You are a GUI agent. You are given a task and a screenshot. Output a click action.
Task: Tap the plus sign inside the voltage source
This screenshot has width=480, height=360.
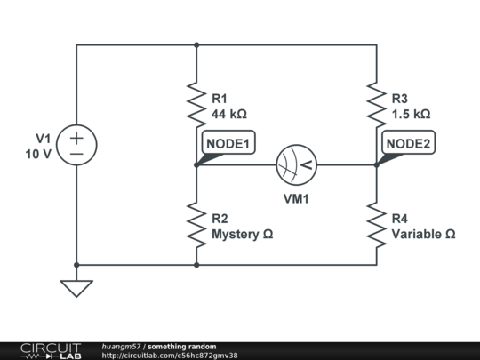[x=76, y=137]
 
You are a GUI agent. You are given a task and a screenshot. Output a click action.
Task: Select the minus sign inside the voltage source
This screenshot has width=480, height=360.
[x=76, y=154]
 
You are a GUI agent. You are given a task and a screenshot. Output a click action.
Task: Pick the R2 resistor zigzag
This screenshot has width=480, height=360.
[x=196, y=224]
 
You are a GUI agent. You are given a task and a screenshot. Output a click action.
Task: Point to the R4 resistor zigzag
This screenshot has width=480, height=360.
[x=376, y=224]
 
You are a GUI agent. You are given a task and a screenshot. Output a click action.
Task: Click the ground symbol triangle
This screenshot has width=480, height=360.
[x=76, y=288]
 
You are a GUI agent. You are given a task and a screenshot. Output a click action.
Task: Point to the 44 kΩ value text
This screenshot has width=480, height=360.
[x=229, y=114]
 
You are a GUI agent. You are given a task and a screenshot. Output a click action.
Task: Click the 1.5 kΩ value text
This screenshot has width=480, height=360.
[x=411, y=114]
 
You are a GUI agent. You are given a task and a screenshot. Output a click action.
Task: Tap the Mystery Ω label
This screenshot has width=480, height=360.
[x=241, y=235]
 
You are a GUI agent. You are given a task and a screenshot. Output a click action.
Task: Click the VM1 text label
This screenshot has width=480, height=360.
[x=296, y=199]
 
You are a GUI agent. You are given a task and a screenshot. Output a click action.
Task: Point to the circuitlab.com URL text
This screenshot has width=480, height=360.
[x=169, y=356]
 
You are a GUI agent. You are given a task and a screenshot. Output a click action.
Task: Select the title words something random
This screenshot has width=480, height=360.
[x=181, y=346]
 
